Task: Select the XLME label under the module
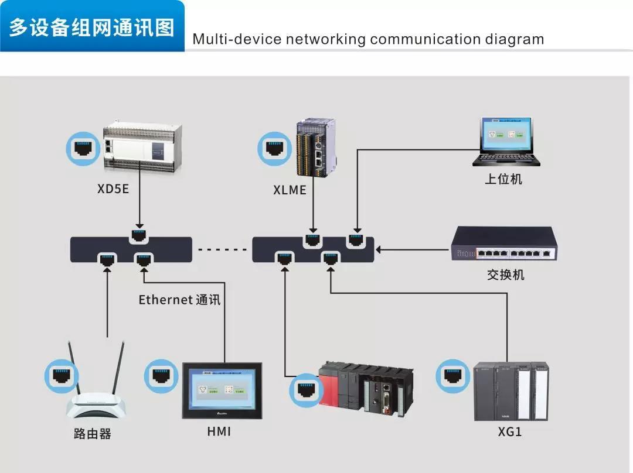coord(290,190)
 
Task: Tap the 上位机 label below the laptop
coord(503,179)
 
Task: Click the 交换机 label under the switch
coord(505,274)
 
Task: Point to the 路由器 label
coord(93,434)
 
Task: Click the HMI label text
coord(219,432)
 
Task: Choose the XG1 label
coord(509,432)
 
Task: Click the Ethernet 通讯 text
coord(179,300)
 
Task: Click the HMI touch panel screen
coord(222,389)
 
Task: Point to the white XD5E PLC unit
coord(143,148)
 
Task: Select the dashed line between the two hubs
coord(222,250)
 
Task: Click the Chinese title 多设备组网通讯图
coord(92,27)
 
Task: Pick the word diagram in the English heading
coord(514,39)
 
